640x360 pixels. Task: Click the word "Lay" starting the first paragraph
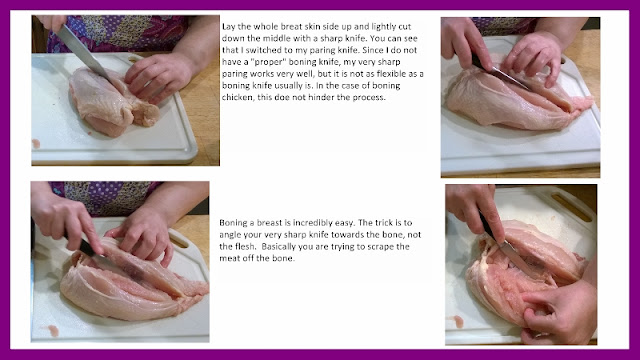click(x=229, y=27)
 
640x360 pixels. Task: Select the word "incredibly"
click(x=313, y=223)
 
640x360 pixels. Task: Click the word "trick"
click(x=381, y=223)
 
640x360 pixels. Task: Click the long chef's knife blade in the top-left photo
click(x=83, y=52)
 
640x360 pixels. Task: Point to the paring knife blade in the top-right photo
click(x=509, y=79)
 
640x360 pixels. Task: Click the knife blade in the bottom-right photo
click(x=513, y=255)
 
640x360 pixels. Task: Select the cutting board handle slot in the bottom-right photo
click(x=571, y=207)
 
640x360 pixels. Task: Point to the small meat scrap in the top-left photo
click(x=36, y=144)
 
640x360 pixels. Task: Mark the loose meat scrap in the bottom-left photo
click(x=53, y=330)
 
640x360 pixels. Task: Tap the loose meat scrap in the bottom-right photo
click(x=458, y=321)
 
